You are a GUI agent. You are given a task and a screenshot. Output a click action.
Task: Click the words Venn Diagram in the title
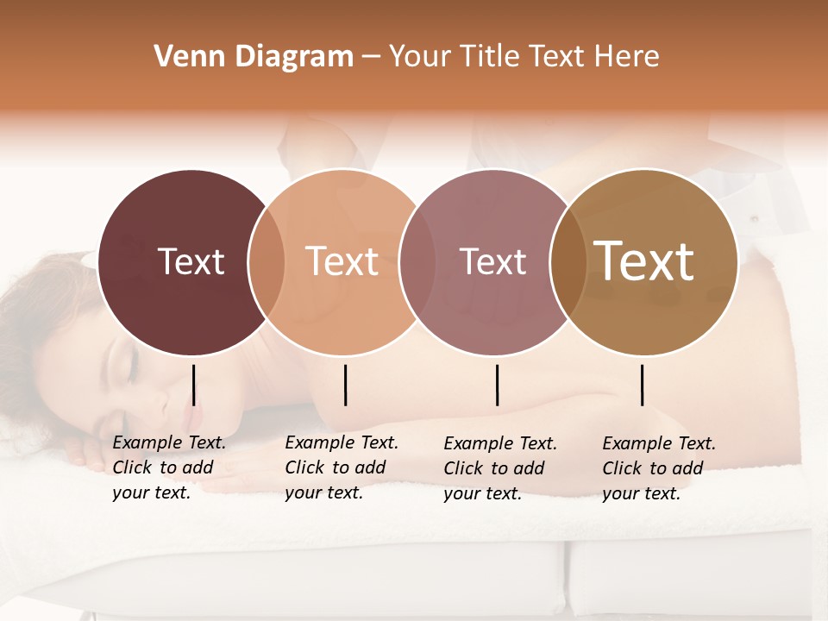click(254, 57)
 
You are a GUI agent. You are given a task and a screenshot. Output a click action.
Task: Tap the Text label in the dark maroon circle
click(191, 261)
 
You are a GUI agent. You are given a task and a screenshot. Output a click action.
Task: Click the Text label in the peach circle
click(342, 261)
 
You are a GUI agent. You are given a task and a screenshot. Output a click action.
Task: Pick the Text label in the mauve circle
click(493, 261)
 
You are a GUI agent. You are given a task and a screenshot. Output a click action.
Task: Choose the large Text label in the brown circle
click(644, 260)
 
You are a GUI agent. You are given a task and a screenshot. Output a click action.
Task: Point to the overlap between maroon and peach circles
click(267, 261)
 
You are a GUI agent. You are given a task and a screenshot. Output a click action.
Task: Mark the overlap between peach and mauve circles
click(417, 261)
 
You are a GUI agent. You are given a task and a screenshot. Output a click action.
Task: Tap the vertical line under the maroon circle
click(194, 385)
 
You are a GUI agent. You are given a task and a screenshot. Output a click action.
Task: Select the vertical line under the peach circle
click(345, 385)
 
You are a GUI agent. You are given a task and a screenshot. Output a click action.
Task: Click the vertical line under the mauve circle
click(498, 385)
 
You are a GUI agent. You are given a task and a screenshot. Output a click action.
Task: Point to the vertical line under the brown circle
click(643, 385)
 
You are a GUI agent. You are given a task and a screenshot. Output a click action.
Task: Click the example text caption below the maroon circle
click(169, 468)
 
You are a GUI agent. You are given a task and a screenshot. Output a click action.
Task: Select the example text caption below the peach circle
click(342, 468)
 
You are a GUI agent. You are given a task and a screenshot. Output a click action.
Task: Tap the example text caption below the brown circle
click(659, 468)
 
